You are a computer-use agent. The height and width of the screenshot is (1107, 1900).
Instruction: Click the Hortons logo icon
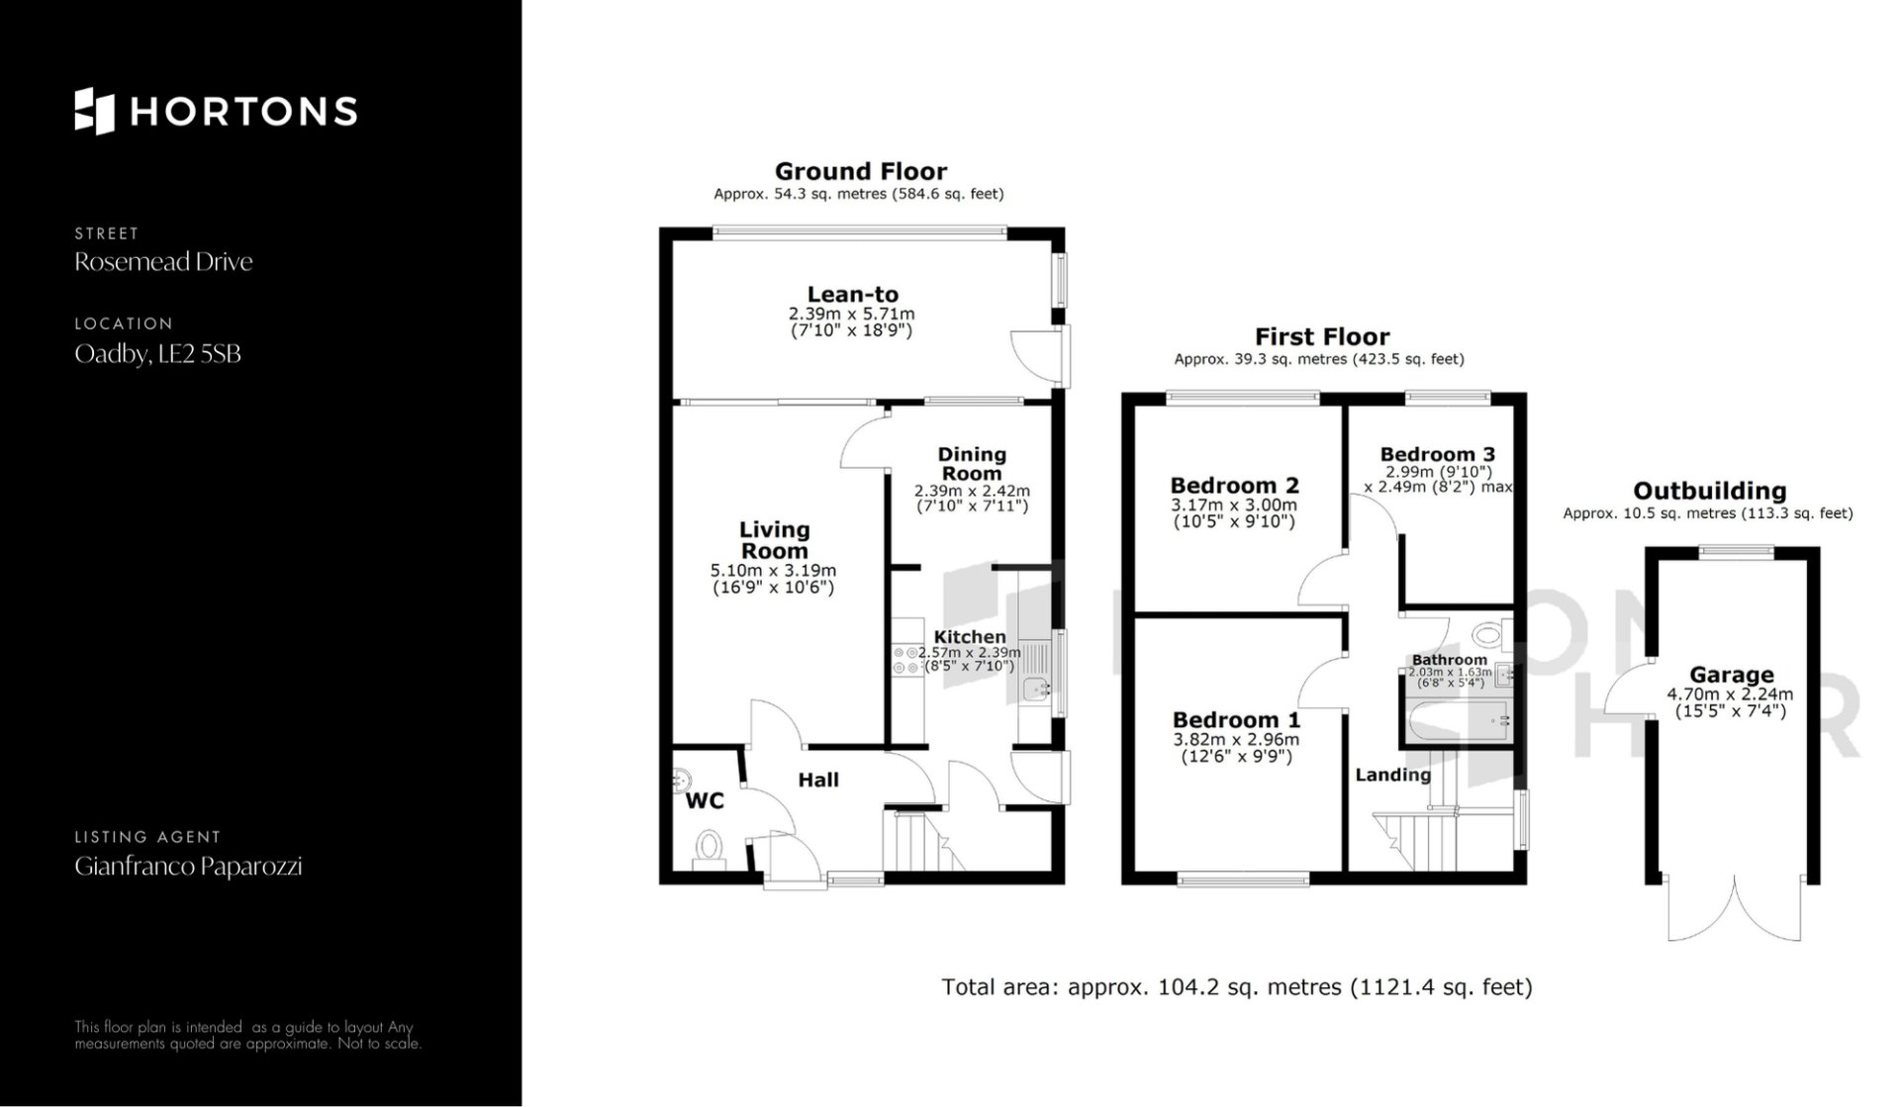coord(94,111)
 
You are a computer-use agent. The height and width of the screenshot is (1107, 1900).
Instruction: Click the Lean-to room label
coord(852,294)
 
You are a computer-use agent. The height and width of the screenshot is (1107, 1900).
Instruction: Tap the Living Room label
coord(774,540)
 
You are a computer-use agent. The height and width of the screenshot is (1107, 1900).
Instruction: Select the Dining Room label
coord(972,463)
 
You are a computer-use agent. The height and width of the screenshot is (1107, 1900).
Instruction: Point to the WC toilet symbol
coord(709,847)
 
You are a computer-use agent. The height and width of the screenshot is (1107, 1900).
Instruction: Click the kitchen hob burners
coord(906,660)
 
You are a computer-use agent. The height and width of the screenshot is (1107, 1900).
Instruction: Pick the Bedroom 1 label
coord(1236,720)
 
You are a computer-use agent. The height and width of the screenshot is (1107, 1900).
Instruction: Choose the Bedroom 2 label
coord(1234,486)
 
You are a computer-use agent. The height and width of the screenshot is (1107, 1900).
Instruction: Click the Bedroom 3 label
coord(1438,455)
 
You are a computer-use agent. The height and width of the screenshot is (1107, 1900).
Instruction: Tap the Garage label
coord(1731,676)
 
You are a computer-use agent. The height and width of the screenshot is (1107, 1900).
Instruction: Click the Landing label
coord(1392,775)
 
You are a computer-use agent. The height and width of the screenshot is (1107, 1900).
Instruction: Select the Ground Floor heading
coord(860,171)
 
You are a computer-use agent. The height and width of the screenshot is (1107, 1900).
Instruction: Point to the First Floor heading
coord(1322,336)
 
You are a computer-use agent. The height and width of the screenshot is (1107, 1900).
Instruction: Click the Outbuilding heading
coord(1709,491)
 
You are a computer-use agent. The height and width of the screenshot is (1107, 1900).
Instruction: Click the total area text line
coord(1236,987)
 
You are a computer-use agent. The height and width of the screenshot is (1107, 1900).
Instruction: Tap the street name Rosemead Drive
coord(163,262)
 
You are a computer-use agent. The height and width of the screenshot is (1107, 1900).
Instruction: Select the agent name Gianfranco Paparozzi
coord(188,867)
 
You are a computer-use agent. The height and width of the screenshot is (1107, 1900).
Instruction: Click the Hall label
coord(818,780)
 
